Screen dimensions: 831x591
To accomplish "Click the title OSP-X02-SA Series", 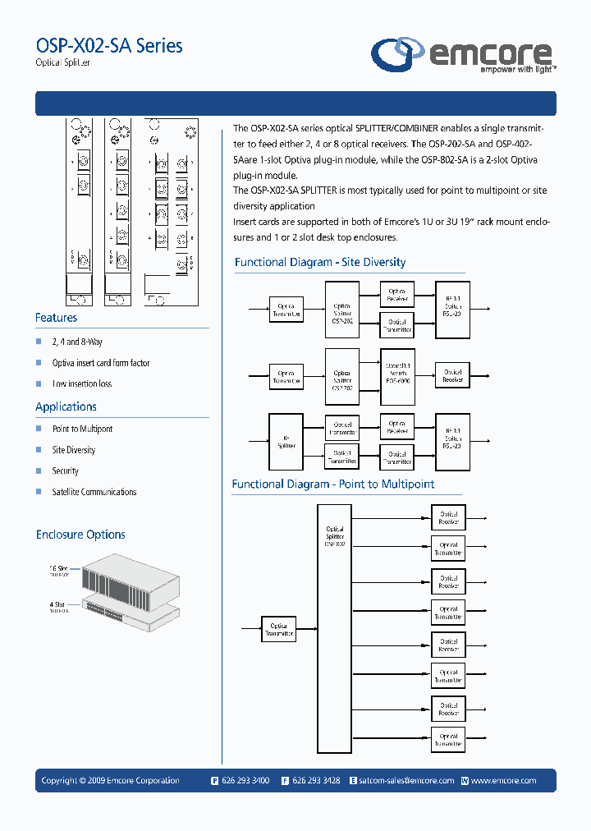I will tap(109, 45).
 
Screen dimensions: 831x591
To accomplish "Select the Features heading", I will tap(56, 318).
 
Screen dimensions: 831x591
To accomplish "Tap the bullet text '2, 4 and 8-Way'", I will tap(77, 342).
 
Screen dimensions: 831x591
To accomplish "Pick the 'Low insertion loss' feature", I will tap(82, 383).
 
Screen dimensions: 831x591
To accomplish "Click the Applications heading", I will tap(66, 406).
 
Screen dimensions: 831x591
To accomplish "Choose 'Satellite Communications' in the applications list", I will tap(94, 492).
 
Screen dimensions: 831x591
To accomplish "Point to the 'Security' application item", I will tap(66, 471).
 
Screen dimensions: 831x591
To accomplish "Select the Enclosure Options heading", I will tap(80, 535).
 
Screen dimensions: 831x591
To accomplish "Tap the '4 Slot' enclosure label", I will tap(57, 605).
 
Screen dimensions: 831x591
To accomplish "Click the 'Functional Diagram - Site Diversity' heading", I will tap(320, 263).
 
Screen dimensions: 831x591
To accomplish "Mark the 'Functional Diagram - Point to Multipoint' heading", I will tap(333, 484).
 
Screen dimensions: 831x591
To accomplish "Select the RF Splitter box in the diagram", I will tap(286, 442).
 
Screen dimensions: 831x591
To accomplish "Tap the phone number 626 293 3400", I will tap(245, 781).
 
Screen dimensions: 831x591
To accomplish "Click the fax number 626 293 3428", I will tap(315, 781).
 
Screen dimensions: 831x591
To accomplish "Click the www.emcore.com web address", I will tap(503, 781).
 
